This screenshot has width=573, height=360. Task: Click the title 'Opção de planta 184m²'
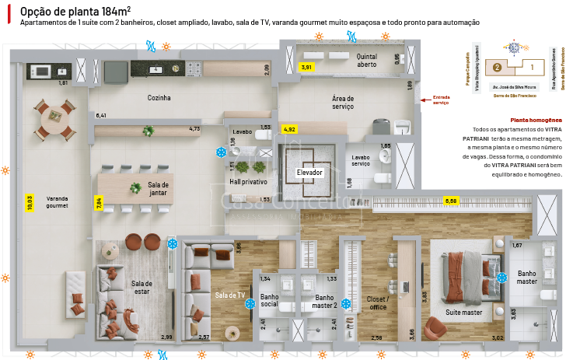75,11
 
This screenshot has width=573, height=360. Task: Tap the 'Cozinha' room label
159,98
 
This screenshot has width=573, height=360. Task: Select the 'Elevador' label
309,172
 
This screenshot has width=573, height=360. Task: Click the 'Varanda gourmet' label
58,202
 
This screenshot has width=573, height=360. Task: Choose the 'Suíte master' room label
463,313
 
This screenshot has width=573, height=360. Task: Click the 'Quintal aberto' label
367,61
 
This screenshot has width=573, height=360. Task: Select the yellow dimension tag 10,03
30,202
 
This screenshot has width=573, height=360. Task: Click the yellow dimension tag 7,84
99,204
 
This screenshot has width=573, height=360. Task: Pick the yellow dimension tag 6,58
452,201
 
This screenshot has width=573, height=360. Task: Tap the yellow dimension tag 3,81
306,68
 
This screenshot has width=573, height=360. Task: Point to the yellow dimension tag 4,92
289,128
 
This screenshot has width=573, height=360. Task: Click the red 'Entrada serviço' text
442,100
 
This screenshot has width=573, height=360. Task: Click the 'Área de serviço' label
343,102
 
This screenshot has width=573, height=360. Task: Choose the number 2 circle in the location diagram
496,67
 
